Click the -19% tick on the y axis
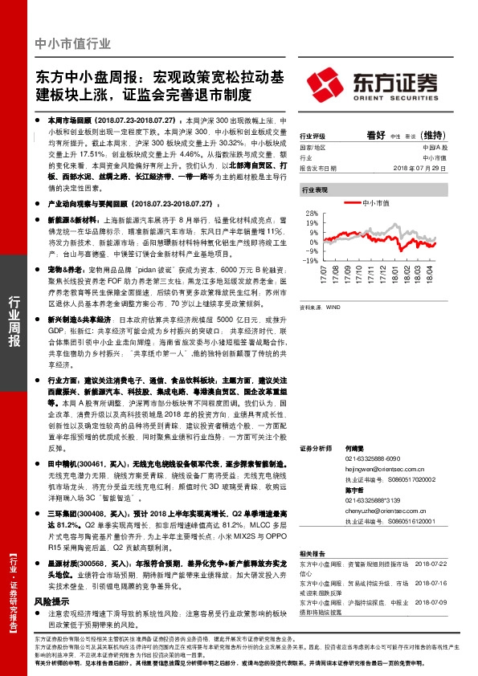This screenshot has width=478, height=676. point(311,261)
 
